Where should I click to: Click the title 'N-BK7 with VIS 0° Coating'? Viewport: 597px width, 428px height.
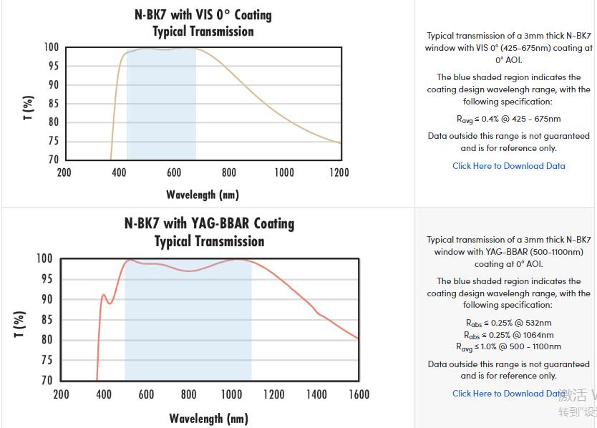[x=203, y=14]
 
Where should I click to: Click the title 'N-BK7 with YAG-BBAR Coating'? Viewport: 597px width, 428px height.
[x=209, y=223]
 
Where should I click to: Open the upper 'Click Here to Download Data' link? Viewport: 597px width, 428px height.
[x=508, y=166]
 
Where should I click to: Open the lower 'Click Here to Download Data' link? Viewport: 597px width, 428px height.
[x=508, y=394]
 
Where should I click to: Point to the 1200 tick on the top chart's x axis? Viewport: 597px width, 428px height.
[x=339, y=172]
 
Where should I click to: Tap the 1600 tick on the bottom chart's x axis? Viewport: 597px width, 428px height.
[x=359, y=394]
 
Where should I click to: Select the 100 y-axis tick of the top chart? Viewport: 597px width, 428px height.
[x=51, y=47]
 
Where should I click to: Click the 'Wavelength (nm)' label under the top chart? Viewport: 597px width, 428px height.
[x=203, y=195]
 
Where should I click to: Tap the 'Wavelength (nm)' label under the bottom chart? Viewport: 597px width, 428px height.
[x=208, y=419]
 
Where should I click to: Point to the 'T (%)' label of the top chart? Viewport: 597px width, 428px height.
[x=28, y=107]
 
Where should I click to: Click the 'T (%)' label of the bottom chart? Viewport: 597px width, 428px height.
[x=19, y=324]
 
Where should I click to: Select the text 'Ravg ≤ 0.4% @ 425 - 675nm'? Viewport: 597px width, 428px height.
[x=508, y=119]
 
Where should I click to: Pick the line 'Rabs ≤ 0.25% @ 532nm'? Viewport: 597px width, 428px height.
[x=508, y=323]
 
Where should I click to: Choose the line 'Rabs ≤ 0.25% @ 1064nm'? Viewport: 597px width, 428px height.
[x=508, y=335]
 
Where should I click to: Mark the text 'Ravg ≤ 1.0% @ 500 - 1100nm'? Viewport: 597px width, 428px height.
[x=508, y=347]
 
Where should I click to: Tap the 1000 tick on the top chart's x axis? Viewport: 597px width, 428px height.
[x=284, y=172]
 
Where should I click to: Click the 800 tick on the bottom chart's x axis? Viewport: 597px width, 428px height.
[x=188, y=394]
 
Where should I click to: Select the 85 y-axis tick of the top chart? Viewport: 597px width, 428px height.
[x=53, y=103]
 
